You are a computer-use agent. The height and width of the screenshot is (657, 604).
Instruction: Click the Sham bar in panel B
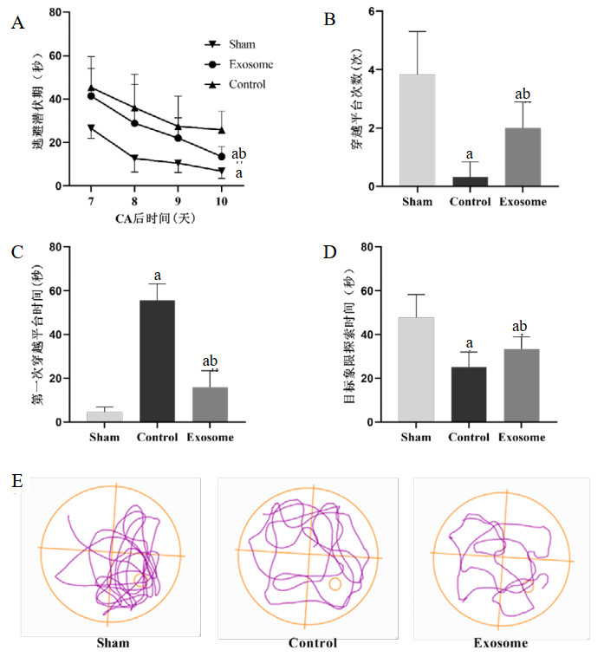click(417, 130)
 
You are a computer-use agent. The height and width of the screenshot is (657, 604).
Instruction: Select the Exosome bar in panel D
click(522, 386)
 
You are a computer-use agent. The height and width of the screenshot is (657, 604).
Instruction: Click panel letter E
click(16, 480)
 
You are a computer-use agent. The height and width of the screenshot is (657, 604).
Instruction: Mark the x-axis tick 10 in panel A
click(222, 201)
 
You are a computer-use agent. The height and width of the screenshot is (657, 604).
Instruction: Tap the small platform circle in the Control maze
click(334, 584)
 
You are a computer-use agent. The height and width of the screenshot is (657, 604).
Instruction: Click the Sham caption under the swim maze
click(113, 643)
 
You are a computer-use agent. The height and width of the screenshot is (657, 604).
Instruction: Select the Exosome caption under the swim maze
click(500, 643)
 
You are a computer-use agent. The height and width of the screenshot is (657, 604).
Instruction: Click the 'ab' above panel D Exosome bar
click(521, 326)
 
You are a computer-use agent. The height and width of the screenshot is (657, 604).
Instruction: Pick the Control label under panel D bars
click(469, 437)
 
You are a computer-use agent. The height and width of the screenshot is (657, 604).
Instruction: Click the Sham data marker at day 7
click(91, 129)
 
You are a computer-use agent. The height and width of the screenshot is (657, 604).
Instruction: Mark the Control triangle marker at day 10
click(222, 130)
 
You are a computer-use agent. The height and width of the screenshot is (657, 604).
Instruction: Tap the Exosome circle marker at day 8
click(134, 123)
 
